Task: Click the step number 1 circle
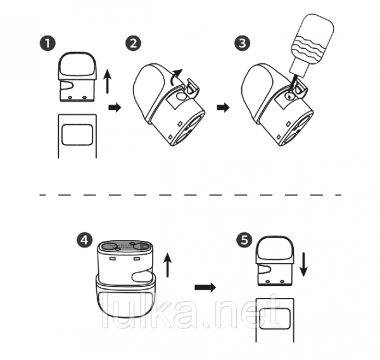47,44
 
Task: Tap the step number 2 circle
133,44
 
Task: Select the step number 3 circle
243,44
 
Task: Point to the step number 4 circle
85,240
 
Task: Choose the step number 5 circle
244,240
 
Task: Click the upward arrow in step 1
108,81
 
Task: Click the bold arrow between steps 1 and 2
115,108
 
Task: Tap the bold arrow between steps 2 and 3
223,108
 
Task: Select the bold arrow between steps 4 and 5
205,288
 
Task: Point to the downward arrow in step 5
303,265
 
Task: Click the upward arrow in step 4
167,265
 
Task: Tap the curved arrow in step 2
175,77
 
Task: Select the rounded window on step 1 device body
77,135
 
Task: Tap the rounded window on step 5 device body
275,319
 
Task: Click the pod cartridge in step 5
275,260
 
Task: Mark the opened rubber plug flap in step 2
193,87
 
